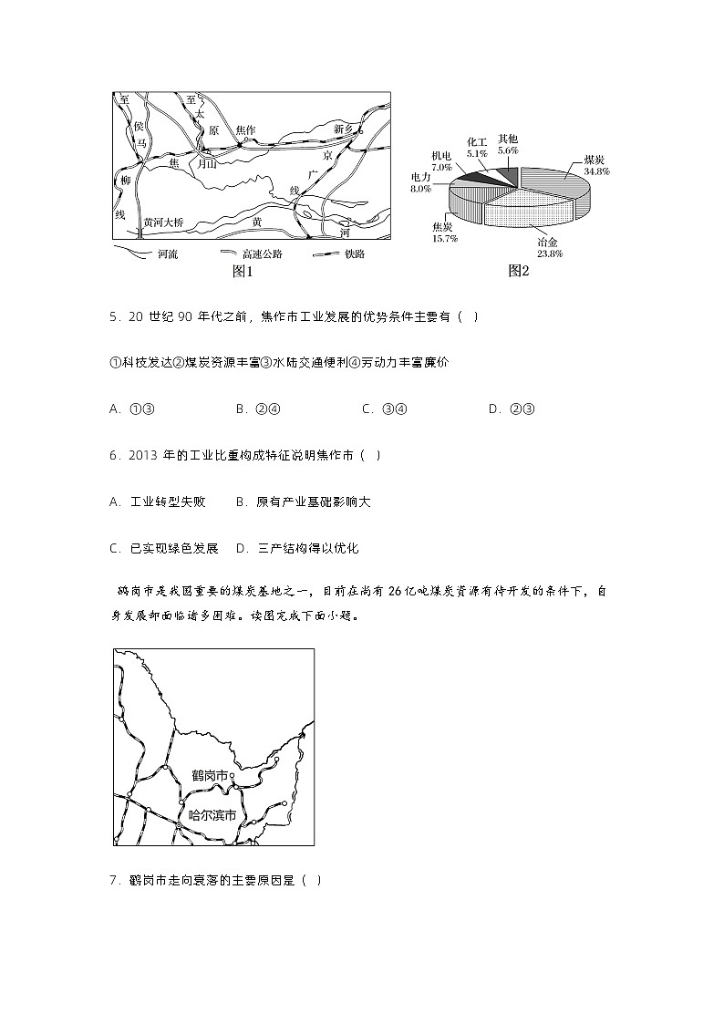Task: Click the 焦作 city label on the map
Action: (x=245, y=130)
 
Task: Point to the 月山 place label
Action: (x=207, y=164)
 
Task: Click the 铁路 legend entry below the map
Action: (x=354, y=254)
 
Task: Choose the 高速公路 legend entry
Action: (x=262, y=254)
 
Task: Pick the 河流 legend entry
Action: (x=167, y=254)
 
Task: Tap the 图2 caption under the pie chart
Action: (x=518, y=271)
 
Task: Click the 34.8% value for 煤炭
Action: (x=597, y=171)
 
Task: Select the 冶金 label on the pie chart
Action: (x=549, y=243)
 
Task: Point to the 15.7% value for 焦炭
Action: (x=444, y=238)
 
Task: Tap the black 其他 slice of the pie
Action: (x=507, y=174)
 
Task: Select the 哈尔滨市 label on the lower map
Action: (x=212, y=815)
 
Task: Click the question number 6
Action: (x=113, y=455)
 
